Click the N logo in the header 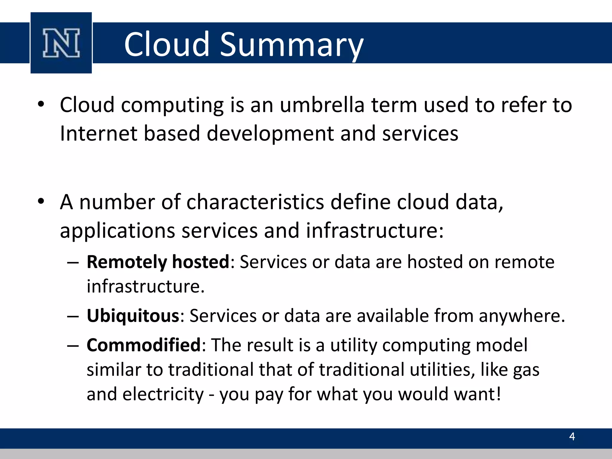click(x=61, y=43)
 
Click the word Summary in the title click(x=291, y=45)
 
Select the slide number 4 click(x=572, y=437)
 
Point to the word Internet click(x=98, y=133)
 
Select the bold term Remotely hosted click(x=158, y=262)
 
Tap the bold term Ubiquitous click(x=133, y=316)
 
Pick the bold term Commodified click(x=143, y=345)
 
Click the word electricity click(x=163, y=394)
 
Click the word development click(x=270, y=133)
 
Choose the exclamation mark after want click(x=498, y=394)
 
